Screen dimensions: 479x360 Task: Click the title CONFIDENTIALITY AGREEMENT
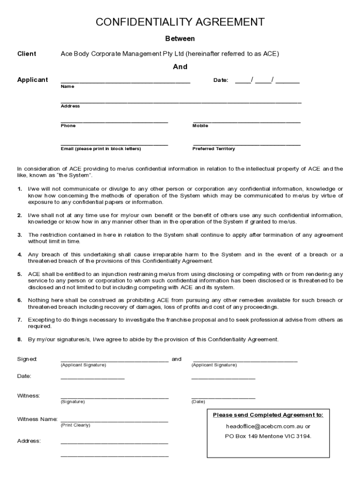(180, 22)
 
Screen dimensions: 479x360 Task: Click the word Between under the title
(180, 39)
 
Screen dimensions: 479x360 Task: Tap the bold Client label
(27, 54)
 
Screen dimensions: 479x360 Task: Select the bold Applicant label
(33, 80)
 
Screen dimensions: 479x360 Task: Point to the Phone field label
(68, 126)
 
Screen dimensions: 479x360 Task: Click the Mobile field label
(200, 126)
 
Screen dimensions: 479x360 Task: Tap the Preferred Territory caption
(214, 149)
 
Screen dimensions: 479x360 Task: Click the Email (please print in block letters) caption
(101, 149)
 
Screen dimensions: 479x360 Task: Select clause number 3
(20, 235)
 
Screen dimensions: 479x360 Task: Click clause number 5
(20, 274)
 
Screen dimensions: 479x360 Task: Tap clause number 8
(20, 339)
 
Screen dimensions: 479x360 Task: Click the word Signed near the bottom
(27, 359)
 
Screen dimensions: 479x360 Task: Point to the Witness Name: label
(37, 419)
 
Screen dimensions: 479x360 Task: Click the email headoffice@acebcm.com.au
(268, 427)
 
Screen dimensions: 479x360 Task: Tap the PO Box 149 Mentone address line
(268, 436)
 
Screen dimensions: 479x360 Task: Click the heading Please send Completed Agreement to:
(268, 415)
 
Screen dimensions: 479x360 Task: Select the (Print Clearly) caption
(75, 425)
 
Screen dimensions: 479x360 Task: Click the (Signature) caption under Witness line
(72, 402)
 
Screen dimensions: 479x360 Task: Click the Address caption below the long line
(70, 106)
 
